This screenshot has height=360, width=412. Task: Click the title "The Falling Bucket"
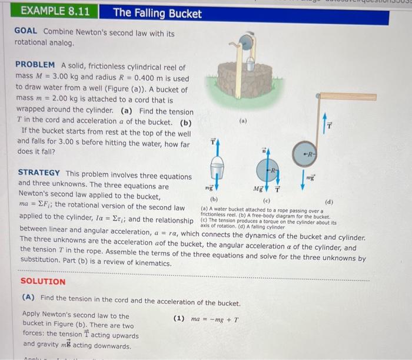157,13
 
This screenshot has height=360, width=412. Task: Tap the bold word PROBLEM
35,64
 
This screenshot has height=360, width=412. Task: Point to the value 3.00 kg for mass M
72,77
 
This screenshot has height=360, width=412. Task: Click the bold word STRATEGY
39,173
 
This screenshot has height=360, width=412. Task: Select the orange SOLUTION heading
43,282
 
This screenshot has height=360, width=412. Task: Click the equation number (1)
180,319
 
